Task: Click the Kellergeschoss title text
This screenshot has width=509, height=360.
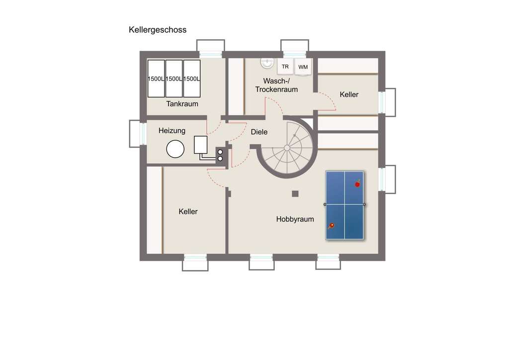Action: tap(158, 30)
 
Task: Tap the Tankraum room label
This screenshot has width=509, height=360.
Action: tap(182, 104)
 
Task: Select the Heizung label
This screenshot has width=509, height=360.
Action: tap(172, 131)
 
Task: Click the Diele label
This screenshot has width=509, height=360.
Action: tap(259, 132)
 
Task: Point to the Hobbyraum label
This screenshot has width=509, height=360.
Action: tap(295, 219)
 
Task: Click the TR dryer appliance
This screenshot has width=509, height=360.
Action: tap(285, 66)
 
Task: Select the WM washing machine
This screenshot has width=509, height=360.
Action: tap(303, 67)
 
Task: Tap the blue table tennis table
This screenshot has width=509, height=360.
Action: tap(345, 205)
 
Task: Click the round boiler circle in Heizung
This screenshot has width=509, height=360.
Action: tap(175, 148)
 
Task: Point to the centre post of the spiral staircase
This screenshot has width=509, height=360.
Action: tap(287, 148)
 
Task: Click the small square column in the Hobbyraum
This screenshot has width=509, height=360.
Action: tap(295, 193)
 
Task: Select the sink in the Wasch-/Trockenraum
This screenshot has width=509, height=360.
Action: tap(267, 63)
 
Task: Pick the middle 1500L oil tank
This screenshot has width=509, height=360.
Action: tap(173, 79)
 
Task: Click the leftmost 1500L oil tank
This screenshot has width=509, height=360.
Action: tap(156, 79)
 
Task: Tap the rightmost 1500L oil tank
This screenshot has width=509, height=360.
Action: tap(191, 79)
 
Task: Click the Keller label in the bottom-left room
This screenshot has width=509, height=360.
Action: tap(188, 212)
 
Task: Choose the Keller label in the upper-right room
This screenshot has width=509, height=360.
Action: tap(349, 94)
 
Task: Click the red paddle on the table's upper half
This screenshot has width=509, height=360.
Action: tap(357, 184)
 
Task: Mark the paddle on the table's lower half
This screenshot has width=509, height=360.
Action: tap(331, 225)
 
